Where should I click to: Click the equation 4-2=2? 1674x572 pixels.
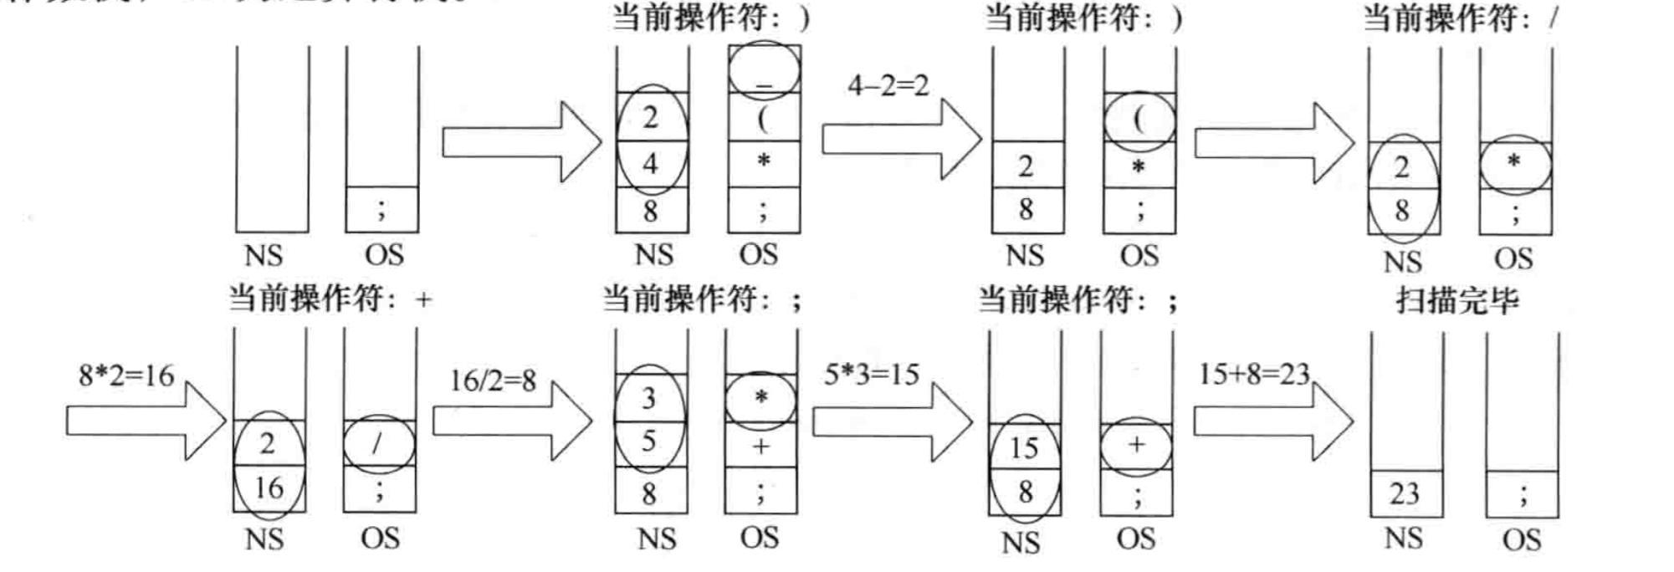(888, 85)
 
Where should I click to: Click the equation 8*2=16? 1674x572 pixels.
(126, 375)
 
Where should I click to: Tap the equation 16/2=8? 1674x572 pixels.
(493, 380)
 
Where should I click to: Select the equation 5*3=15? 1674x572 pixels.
(871, 374)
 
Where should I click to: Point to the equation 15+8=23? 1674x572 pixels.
(1253, 374)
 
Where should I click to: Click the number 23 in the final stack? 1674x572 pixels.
(1405, 493)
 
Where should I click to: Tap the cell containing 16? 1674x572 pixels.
(269, 488)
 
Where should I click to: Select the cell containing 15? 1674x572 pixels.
(1024, 447)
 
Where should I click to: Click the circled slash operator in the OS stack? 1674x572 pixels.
(378, 443)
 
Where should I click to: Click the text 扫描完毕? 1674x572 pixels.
(1456, 300)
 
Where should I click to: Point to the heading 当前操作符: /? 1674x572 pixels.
(1460, 18)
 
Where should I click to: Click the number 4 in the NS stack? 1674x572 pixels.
(651, 164)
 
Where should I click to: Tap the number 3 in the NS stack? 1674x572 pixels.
(649, 398)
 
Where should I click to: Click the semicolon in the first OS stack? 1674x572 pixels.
(381, 209)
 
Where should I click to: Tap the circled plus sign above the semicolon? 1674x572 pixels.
(1136, 445)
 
